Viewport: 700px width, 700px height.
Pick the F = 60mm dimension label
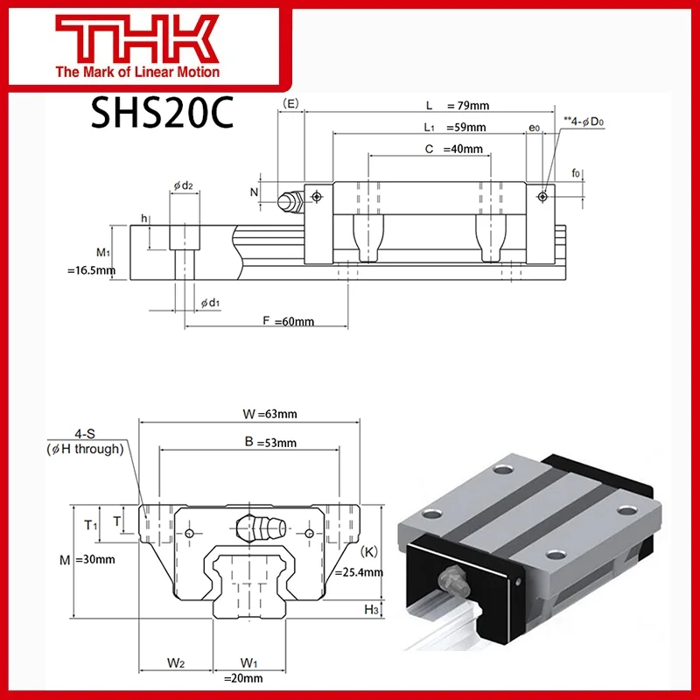[288, 322]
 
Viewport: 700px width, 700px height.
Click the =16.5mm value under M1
[91, 271]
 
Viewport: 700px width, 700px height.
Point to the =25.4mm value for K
[359, 572]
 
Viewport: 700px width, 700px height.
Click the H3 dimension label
[370, 609]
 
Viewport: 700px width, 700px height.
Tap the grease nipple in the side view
[288, 201]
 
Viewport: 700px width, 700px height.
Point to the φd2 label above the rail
[182, 185]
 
